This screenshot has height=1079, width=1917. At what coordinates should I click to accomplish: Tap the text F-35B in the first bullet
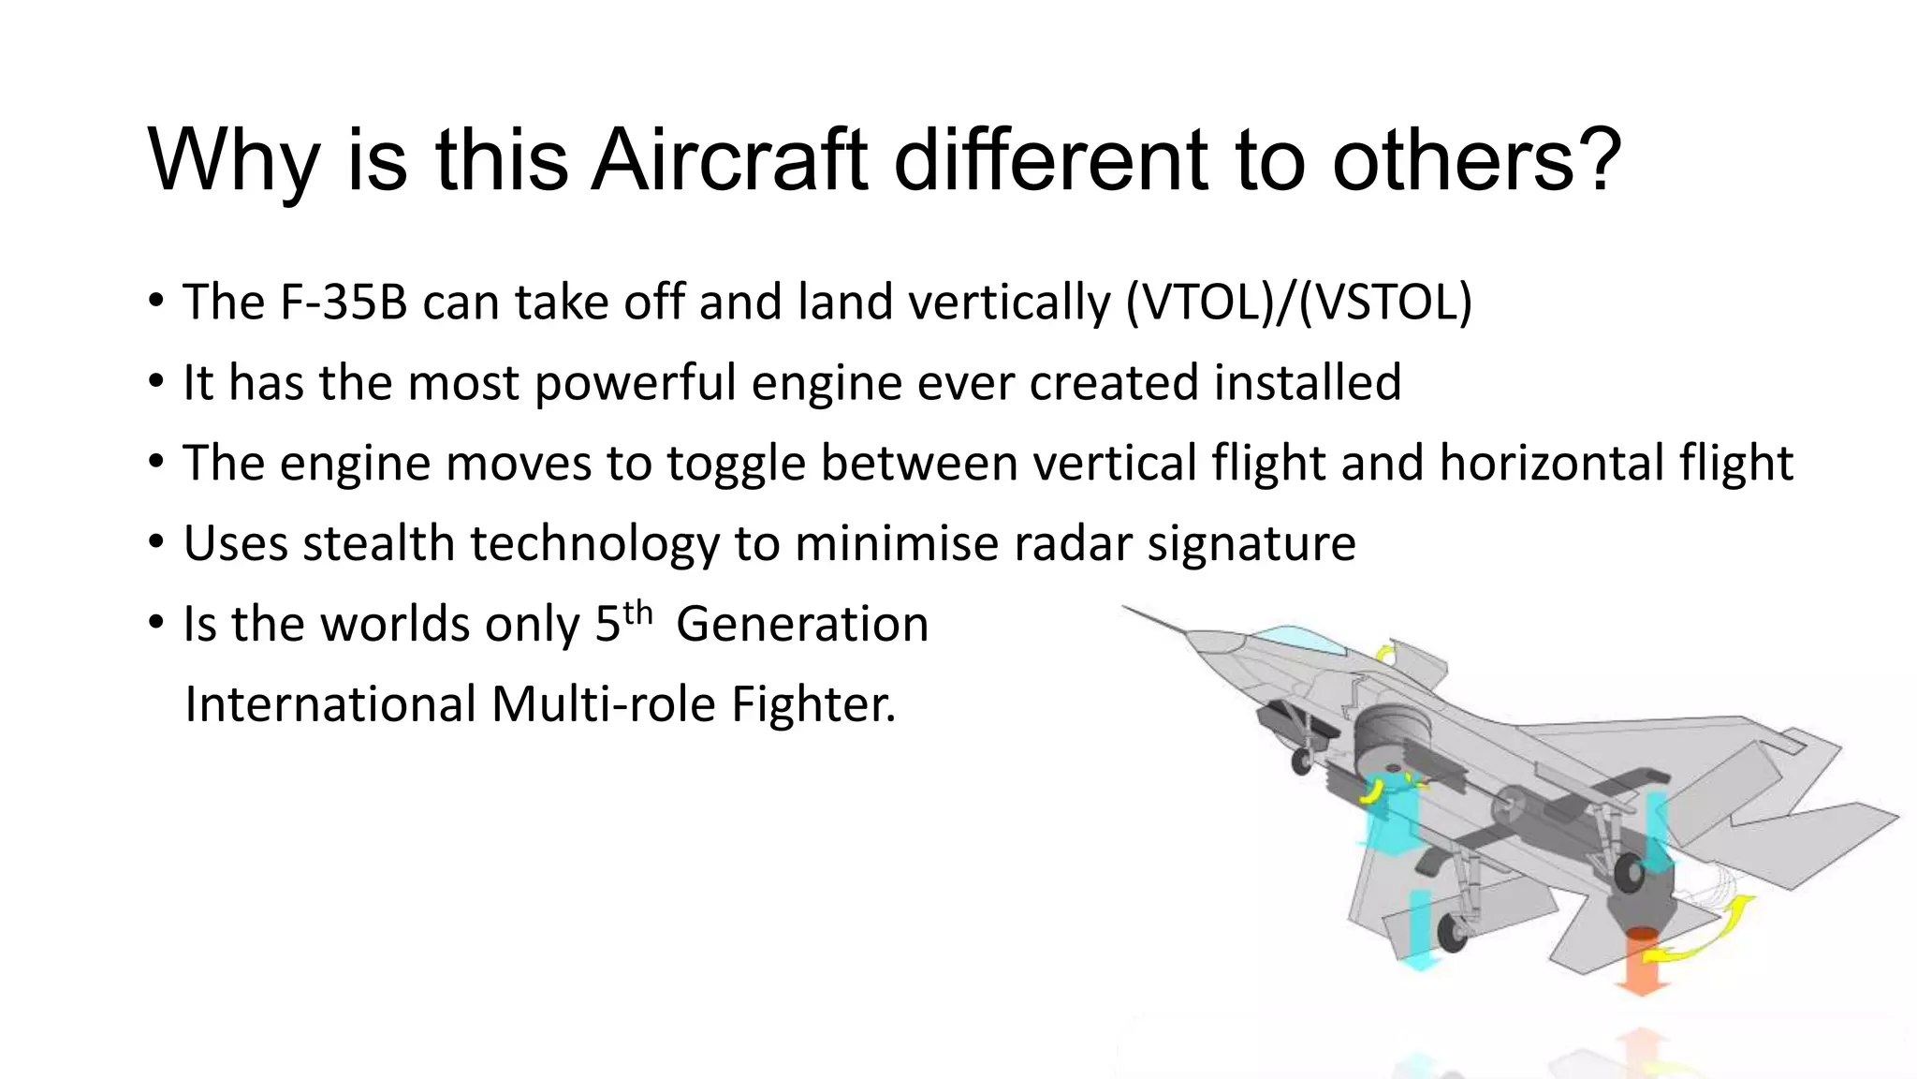(x=344, y=303)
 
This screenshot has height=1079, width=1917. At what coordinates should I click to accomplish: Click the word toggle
(x=736, y=464)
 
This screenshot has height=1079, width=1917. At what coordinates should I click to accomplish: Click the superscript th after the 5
(x=637, y=613)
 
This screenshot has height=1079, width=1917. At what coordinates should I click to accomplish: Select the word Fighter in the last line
(x=812, y=704)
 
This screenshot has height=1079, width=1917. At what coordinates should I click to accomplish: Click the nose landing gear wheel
(x=1301, y=761)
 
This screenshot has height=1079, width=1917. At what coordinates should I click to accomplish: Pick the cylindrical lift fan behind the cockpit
(x=1390, y=740)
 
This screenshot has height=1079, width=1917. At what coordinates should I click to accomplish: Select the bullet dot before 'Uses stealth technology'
(x=155, y=543)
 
